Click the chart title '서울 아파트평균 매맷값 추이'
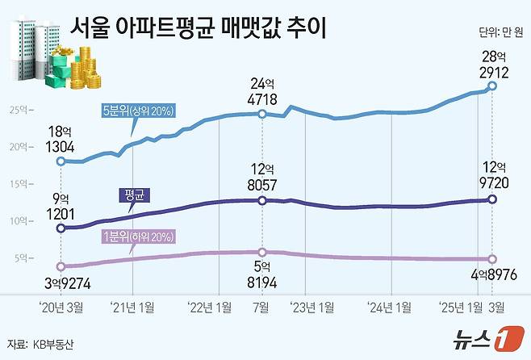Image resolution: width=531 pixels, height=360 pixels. click(x=199, y=31)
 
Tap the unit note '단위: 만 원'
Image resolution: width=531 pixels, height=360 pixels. click(x=500, y=33)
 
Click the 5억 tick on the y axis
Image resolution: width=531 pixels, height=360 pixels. click(x=23, y=258)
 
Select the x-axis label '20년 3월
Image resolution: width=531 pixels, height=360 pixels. click(x=61, y=306)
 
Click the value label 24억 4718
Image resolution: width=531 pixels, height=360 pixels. click(x=262, y=92)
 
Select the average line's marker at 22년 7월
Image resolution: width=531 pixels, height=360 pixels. click(x=262, y=200)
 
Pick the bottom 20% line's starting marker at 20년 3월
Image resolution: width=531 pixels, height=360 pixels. click(x=61, y=266)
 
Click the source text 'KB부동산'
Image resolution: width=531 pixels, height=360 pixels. click(x=52, y=343)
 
